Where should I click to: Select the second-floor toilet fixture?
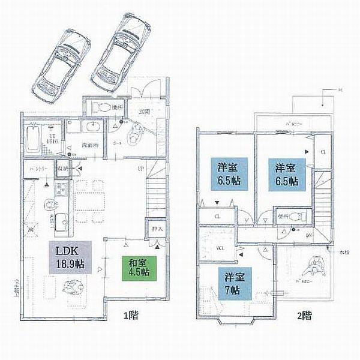point(300,216)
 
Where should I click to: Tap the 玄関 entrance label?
point(144,112)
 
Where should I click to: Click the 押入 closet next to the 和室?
point(155,229)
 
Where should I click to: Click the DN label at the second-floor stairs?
point(308,236)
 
